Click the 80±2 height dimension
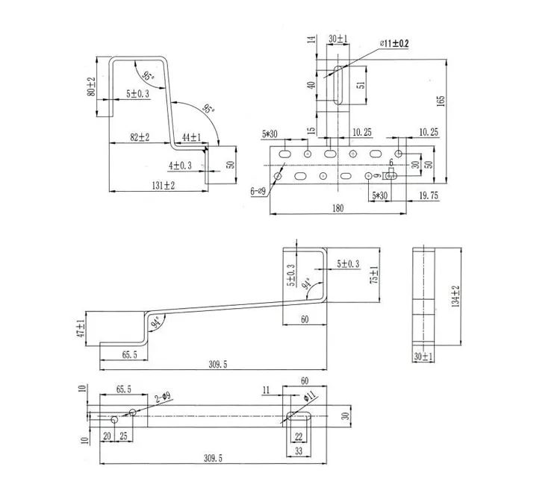[x=92, y=87]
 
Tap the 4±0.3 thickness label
[x=180, y=166]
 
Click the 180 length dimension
[x=337, y=209]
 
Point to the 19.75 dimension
[x=429, y=195]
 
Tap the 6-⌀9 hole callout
[x=258, y=192]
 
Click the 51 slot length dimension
[x=361, y=85]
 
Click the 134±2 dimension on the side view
[x=455, y=297]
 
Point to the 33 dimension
[x=298, y=452]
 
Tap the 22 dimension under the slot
[x=298, y=437]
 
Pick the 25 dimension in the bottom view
[x=122, y=436]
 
